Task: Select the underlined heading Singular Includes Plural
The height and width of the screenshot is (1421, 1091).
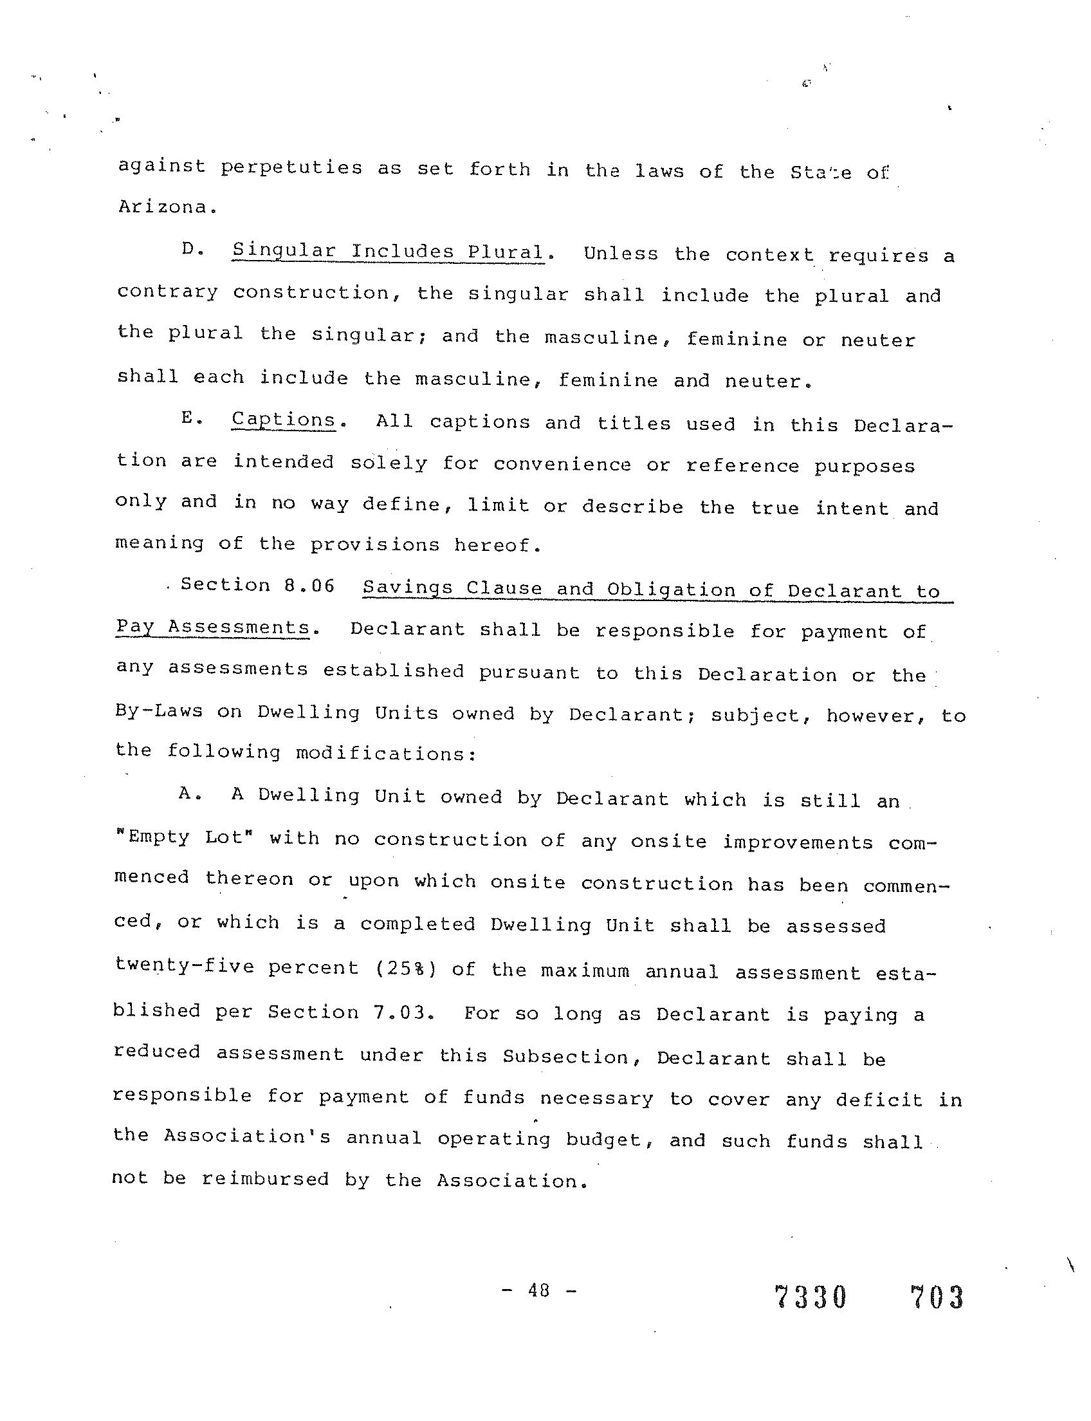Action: point(389,252)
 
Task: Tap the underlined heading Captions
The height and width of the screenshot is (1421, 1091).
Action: point(283,420)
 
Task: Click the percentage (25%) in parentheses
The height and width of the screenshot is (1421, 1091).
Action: point(407,969)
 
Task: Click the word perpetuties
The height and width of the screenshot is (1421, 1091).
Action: point(291,167)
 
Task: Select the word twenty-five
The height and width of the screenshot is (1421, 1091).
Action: point(184,966)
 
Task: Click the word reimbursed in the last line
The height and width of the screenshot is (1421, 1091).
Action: point(266,1178)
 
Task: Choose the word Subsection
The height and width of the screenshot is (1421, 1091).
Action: point(565,1057)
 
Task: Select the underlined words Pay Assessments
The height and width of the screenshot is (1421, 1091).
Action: point(212,627)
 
